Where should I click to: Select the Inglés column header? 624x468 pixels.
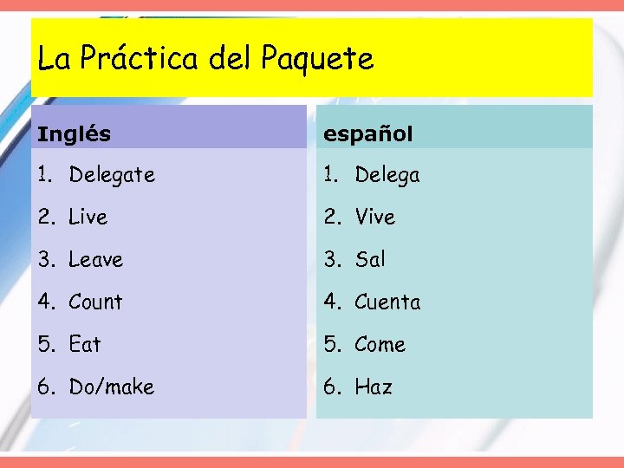(75, 134)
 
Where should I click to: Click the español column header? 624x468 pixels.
(368, 134)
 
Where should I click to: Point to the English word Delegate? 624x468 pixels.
(112, 175)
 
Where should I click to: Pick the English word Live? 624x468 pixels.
(88, 218)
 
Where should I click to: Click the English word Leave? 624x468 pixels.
(95, 260)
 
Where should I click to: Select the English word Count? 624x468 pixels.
(95, 302)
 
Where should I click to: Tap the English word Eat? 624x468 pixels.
(85, 345)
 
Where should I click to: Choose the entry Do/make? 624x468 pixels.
(111, 387)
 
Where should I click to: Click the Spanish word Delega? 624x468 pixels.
(387, 175)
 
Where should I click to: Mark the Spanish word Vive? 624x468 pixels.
(374, 218)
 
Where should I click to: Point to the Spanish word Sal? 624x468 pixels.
(370, 260)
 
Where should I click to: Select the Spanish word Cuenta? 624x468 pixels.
(387, 302)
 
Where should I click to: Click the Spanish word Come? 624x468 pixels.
(380, 345)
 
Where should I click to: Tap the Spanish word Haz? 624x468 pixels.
(374, 387)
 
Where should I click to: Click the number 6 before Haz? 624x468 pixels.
(330, 387)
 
